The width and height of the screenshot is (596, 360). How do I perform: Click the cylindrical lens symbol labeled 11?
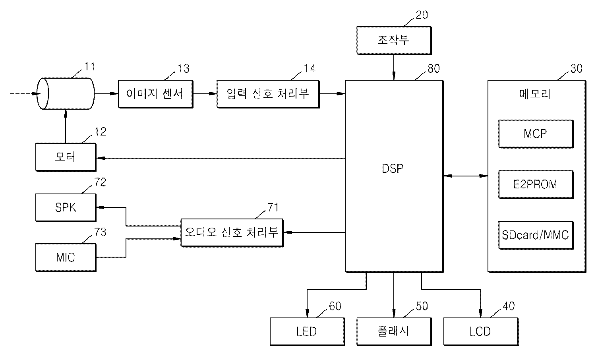click(x=66, y=94)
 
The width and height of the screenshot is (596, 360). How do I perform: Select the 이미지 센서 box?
click(x=155, y=94)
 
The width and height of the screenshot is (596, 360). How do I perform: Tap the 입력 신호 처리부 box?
click(x=268, y=94)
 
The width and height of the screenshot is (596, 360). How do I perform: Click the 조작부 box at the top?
click(x=393, y=40)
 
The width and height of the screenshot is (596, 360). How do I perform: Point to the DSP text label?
click(x=393, y=169)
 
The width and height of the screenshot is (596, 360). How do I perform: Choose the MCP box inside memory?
click(x=535, y=134)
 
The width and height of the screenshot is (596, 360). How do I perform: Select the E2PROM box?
click(x=535, y=184)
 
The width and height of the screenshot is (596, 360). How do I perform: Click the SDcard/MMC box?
click(x=535, y=235)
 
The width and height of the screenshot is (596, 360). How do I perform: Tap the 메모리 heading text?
click(x=535, y=94)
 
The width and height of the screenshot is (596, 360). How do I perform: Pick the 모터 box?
click(x=66, y=157)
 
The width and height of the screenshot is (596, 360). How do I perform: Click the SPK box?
click(x=66, y=207)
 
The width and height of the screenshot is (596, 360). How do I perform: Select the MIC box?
click(x=66, y=257)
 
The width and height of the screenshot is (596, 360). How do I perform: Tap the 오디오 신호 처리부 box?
click(x=232, y=232)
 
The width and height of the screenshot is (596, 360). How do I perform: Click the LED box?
click(x=307, y=331)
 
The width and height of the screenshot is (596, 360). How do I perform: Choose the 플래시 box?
click(x=393, y=331)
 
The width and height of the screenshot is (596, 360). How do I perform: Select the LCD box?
click(x=480, y=331)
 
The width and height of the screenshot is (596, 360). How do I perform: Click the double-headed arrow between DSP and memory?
click(x=465, y=176)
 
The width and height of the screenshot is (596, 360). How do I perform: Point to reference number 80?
click(x=433, y=69)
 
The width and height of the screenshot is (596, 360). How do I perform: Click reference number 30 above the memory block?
click(x=576, y=69)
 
